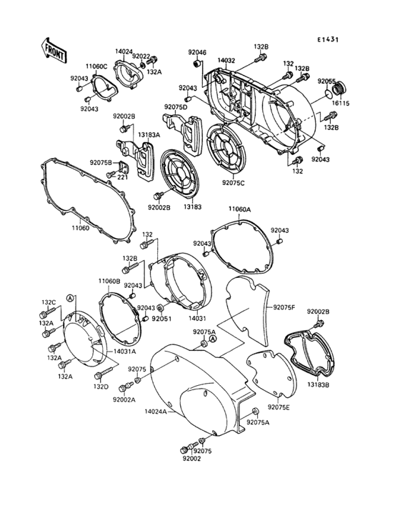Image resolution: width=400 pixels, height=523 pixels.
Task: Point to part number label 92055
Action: [327, 81]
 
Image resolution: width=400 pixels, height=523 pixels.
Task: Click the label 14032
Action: [226, 61]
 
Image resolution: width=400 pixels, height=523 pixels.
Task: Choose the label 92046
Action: [197, 52]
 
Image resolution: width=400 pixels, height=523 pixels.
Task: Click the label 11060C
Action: [97, 66]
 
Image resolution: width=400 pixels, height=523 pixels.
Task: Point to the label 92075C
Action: [233, 183]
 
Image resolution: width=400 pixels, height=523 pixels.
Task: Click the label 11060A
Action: [239, 209]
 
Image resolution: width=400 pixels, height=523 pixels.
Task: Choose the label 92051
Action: [161, 317]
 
